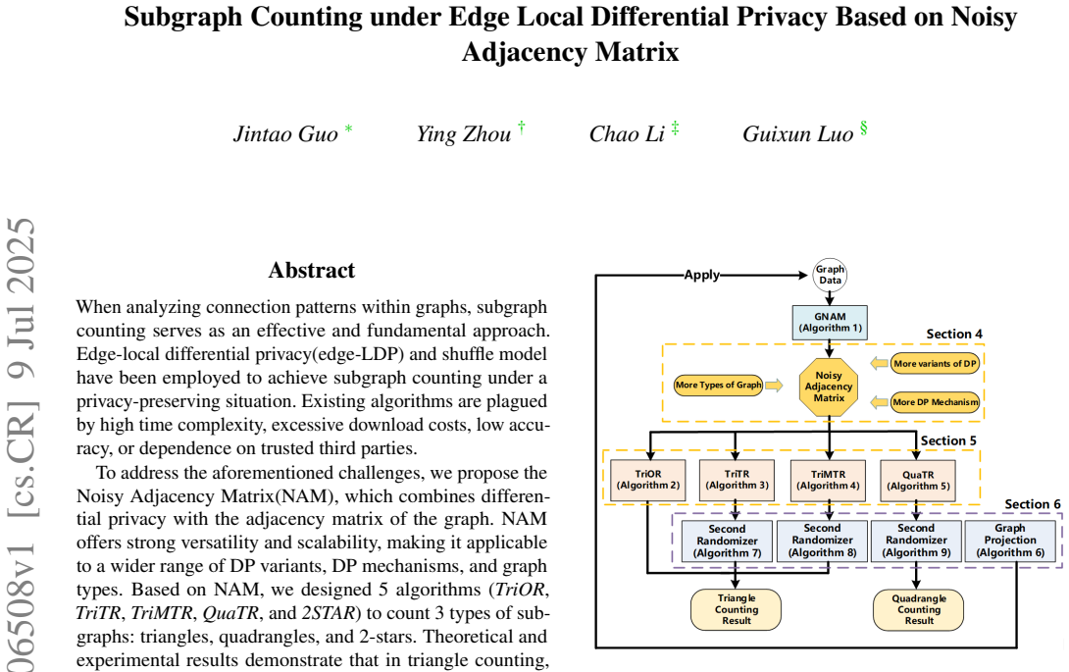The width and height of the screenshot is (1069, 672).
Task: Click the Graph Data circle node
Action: (830, 275)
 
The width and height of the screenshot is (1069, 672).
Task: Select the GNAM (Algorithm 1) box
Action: (830, 322)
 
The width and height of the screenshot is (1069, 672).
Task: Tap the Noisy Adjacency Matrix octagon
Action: (829, 387)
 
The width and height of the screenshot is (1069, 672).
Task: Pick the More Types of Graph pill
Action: (718, 385)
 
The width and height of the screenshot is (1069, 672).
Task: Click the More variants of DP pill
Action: (936, 364)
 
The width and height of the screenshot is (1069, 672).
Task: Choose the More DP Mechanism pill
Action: (936, 402)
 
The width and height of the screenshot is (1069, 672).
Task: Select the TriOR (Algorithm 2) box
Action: (648, 480)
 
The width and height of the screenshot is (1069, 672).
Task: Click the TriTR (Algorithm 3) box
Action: (737, 480)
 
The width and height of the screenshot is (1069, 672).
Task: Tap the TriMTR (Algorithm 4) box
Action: (829, 480)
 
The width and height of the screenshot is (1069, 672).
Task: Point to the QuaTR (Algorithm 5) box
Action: (918, 480)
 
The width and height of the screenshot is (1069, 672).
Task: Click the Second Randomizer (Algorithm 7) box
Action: (727, 541)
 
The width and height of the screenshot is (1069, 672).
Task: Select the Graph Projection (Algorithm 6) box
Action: (1010, 541)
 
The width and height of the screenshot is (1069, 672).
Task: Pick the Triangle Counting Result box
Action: (737, 609)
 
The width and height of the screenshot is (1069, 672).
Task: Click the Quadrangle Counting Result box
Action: (918, 609)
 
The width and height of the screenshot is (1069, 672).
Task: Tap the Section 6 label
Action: (1032, 504)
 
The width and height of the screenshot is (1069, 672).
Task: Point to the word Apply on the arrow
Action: (701, 275)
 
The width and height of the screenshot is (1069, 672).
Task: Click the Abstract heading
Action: (312, 270)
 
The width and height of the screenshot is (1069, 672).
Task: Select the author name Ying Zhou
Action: (464, 133)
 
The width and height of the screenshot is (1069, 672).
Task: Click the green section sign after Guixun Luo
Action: (864, 128)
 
